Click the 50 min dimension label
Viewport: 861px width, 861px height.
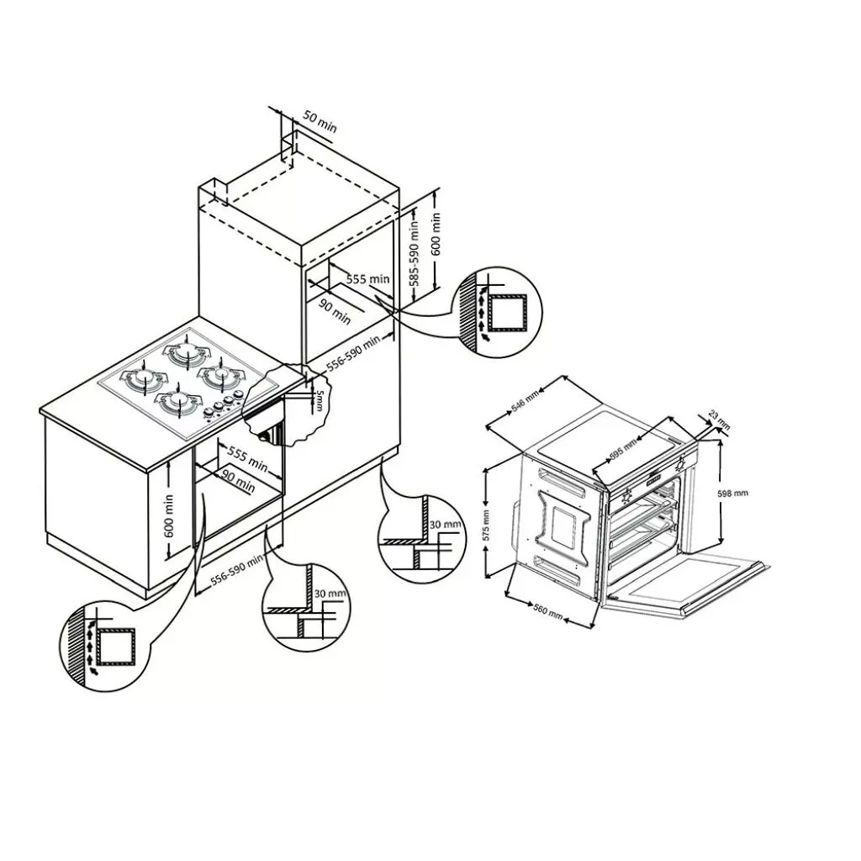tap(320, 122)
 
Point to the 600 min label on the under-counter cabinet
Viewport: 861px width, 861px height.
tap(169, 518)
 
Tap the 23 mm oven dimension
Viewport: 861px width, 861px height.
tap(717, 416)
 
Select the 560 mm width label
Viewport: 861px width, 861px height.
tap(547, 608)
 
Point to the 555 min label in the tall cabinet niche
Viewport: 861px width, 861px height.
tap(368, 278)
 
